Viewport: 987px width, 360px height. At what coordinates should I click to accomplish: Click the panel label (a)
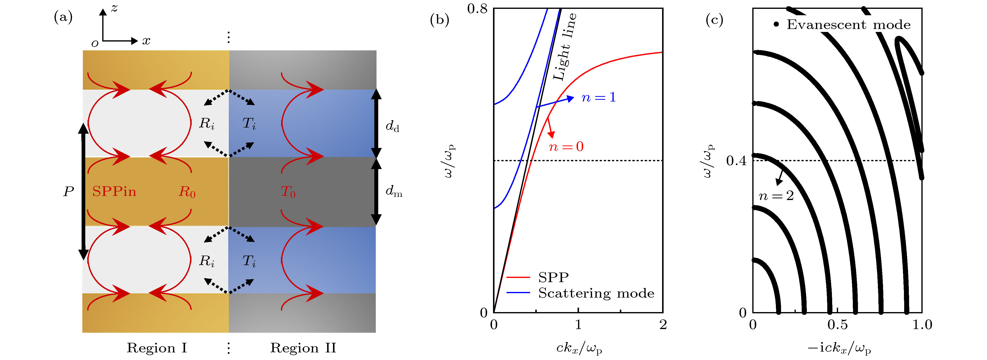[x=63, y=17]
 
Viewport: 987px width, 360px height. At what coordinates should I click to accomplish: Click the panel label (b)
[x=439, y=19]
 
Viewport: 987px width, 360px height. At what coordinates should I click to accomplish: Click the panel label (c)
[x=714, y=19]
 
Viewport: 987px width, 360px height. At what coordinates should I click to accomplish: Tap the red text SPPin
[x=114, y=191]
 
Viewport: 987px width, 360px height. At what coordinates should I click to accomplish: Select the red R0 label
[x=187, y=191]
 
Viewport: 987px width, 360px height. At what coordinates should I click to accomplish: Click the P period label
[x=69, y=191]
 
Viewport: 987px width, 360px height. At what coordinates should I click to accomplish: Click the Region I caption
[x=157, y=348]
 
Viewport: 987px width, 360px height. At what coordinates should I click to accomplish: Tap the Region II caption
[x=303, y=348]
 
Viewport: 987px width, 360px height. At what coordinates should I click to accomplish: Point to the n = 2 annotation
[x=776, y=196]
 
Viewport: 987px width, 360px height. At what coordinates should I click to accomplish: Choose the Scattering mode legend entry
[x=596, y=293]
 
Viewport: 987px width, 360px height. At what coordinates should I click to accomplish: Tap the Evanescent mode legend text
[x=848, y=25]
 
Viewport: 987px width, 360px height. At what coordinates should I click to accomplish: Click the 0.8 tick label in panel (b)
[x=477, y=8]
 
